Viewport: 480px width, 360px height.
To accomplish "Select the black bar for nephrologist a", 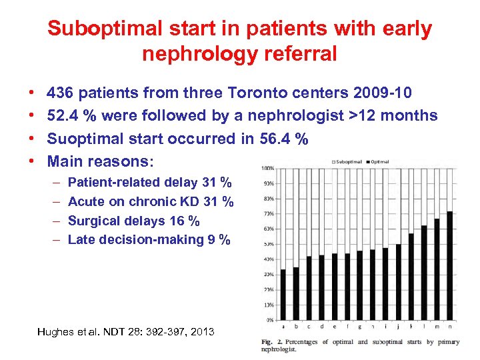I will pyautogui.click(x=283, y=294).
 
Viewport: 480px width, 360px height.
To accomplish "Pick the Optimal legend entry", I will pyautogui.click(x=379, y=161).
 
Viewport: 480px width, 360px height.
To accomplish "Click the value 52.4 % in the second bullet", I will pyautogui.click(x=74, y=115).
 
